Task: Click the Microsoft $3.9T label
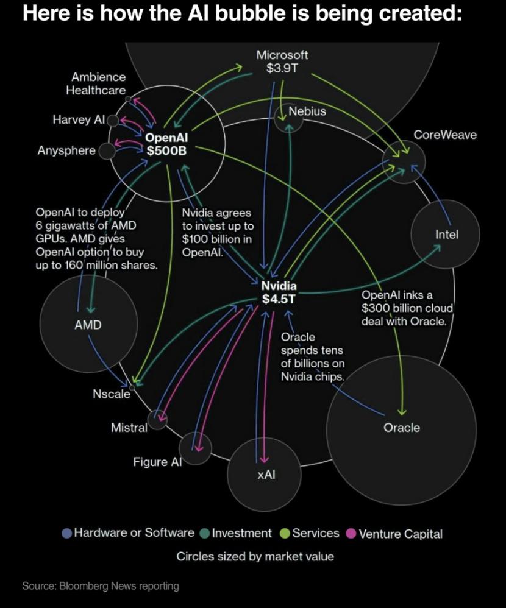(282, 61)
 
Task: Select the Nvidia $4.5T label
(279, 292)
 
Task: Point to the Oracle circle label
(401, 428)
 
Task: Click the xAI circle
(263, 472)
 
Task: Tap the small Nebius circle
(288, 119)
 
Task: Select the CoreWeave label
(445, 135)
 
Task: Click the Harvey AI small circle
(113, 120)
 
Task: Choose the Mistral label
(129, 428)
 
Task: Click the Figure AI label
(157, 462)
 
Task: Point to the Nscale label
(112, 394)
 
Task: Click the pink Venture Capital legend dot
(351, 534)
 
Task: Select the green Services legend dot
(284, 534)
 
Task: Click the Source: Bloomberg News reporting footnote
(101, 586)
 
